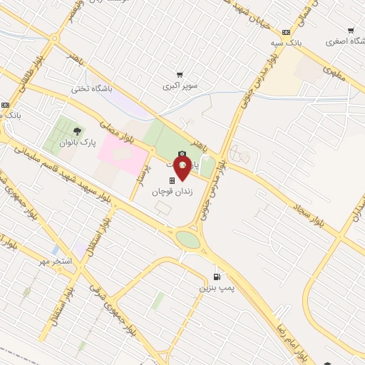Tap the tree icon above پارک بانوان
[x=77, y=130]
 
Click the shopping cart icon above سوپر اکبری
[x=180, y=74]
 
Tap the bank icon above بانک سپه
[x=287, y=32]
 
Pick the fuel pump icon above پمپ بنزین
[x=217, y=277]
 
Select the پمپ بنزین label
[x=217, y=288]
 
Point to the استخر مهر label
[x=57, y=262]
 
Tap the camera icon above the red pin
[x=182, y=154]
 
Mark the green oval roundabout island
[x=188, y=239]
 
